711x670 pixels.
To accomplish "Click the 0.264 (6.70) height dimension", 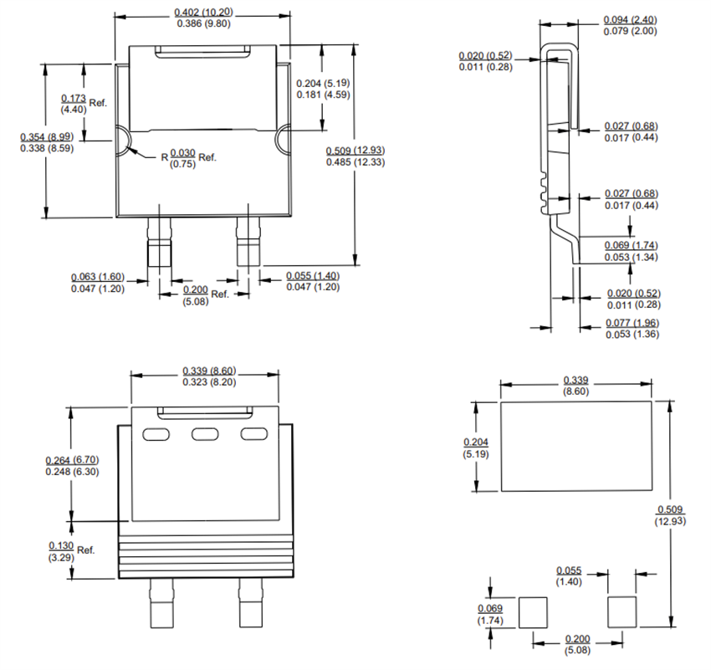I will coord(73,460).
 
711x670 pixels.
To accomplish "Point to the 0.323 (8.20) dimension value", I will coord(206,381).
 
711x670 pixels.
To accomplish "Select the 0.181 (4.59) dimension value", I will coord(323,95).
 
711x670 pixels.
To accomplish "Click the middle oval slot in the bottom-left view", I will coord(205,434).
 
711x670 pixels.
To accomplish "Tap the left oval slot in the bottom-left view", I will coord(156,434).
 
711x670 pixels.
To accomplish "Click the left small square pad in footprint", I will coord(533,612).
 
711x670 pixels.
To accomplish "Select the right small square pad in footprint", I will coord(621,612).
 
